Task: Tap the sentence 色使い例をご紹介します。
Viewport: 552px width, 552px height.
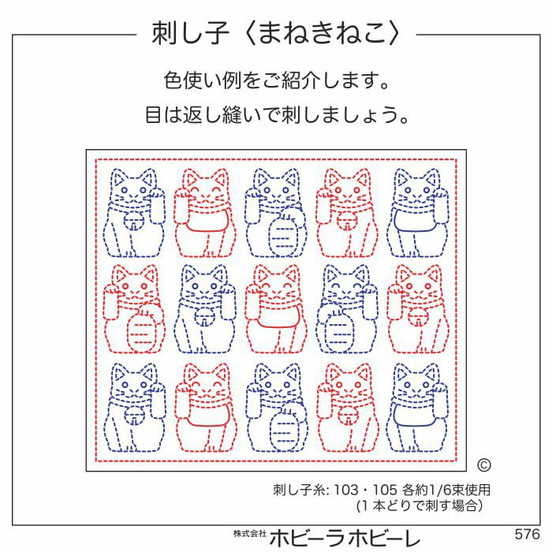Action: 276,80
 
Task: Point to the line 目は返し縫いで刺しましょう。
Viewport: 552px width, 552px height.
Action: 276,116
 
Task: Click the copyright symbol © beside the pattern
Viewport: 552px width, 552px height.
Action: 484,465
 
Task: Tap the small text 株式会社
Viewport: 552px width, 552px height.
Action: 249,534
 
